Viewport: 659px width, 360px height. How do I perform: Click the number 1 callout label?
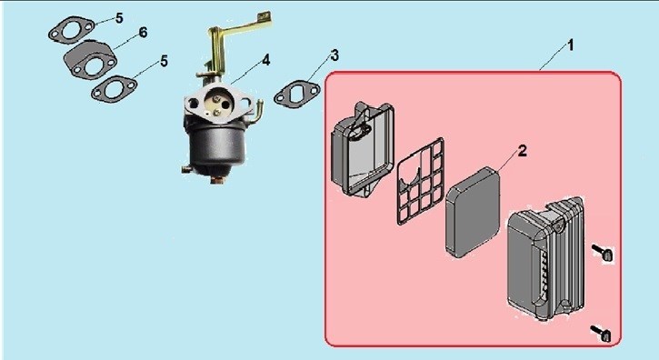[x=570, y=45]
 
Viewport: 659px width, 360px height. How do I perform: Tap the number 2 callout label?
[x=522, y=151]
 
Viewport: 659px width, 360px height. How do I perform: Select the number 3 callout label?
[x=334, y=55]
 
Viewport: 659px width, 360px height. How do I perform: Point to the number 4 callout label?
[x=266, y=60]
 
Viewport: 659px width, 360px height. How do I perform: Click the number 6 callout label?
[x=144, y=33]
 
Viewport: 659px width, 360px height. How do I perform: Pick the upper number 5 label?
[x=119, y=18]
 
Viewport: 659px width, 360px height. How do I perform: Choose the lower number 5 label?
[x=164, y=61]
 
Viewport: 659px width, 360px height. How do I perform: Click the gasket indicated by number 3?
[x=296, y=95]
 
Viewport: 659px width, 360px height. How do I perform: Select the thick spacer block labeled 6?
[x=90, y=60]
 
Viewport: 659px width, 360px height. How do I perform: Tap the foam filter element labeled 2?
[x=474, y=212]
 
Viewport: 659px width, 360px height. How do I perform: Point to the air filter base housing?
[x=363, y=149]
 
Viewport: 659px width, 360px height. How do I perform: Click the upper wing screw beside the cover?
[x=604, y=253]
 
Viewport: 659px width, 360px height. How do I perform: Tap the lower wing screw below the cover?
[x=602, y=333]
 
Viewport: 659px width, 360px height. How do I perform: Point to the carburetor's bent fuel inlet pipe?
[x=255, y=112]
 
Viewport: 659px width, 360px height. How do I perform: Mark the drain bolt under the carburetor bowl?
[x=216, y=180]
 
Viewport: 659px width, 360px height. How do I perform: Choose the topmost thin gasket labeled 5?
[x=72, y=29]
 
